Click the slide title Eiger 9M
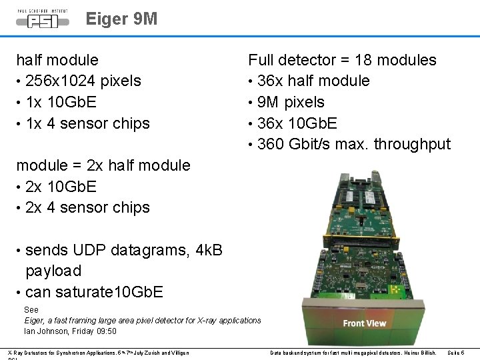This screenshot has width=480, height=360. [x=121, y=19]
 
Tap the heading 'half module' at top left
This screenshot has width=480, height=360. [x=57, y=60]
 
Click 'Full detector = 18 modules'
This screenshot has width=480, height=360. [x=342, y=60]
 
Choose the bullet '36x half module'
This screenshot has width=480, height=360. [x=313, y=81]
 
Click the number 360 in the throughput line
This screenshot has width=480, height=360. [x=270, y=144]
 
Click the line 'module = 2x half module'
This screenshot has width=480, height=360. [x=103, y=165]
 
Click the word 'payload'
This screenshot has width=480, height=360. [x=53, y=271]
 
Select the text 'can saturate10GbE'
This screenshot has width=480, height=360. [x=94, y=292]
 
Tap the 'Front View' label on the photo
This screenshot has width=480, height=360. [x=364, y=323]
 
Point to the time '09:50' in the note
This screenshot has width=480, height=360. [x=107, y=331]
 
